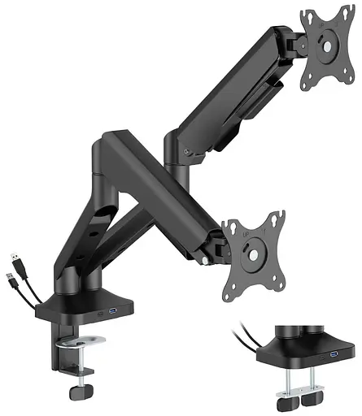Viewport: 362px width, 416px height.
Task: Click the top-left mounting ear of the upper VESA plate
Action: coord(306,16)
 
